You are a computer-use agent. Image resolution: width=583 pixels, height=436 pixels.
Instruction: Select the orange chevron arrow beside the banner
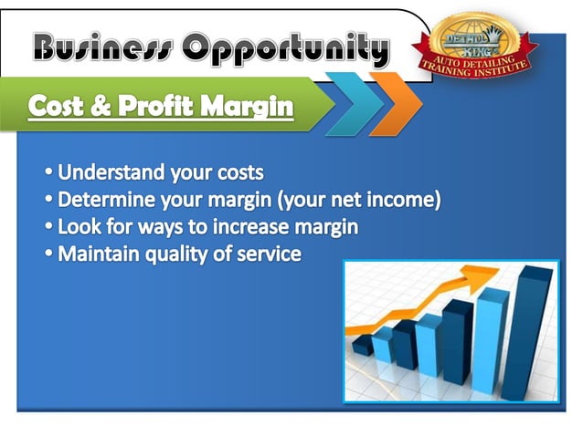395,103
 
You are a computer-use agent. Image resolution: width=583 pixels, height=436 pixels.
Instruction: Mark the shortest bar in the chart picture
363,344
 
